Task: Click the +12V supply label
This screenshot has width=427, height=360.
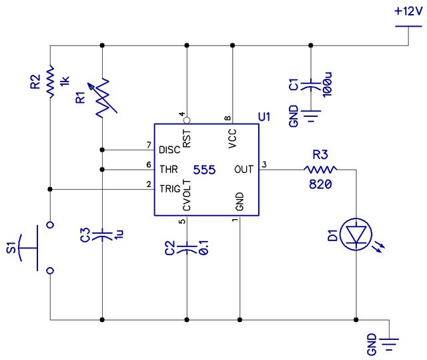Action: [x=407, y=11]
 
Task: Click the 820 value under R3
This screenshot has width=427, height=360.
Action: [x=319, y=185]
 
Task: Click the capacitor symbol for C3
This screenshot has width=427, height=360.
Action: [x=102, y=234]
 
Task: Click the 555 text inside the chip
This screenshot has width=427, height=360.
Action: [x=204, y=170]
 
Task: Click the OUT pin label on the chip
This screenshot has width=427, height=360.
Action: [x=244, y=170]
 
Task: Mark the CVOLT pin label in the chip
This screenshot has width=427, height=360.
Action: [x=187, y=196]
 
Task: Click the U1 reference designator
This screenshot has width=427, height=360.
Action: [x=264, y=117]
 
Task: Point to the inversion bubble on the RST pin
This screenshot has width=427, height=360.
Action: [x=187, y=120]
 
